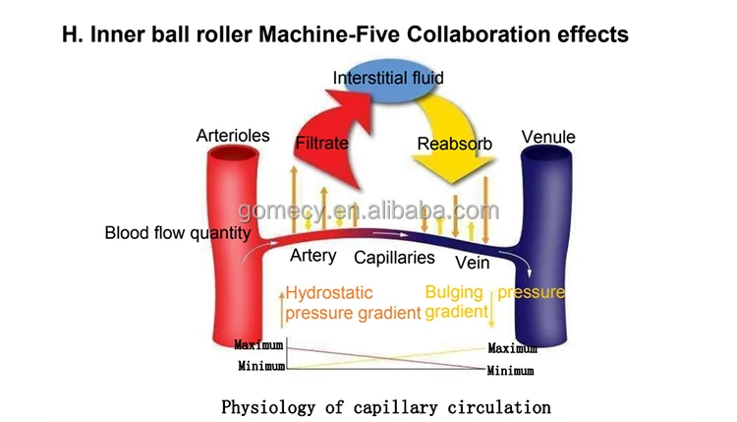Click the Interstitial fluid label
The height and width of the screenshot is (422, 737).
pos(388,78)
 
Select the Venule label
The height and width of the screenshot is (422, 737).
pos(548,137)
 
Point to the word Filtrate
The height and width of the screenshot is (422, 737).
pos(321,144)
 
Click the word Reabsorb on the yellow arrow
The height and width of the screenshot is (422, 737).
pos(454,145)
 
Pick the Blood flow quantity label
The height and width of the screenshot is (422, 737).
pos(178,233)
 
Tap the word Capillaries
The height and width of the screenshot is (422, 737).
pos(394,258)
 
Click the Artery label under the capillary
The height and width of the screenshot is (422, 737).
pos(313,256)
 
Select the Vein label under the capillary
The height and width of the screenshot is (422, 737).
pos(472,263)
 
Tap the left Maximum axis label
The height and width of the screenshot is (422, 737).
pos(258,345)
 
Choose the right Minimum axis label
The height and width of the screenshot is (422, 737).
pos(510,371)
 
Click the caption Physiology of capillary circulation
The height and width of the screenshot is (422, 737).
pos(386,405)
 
